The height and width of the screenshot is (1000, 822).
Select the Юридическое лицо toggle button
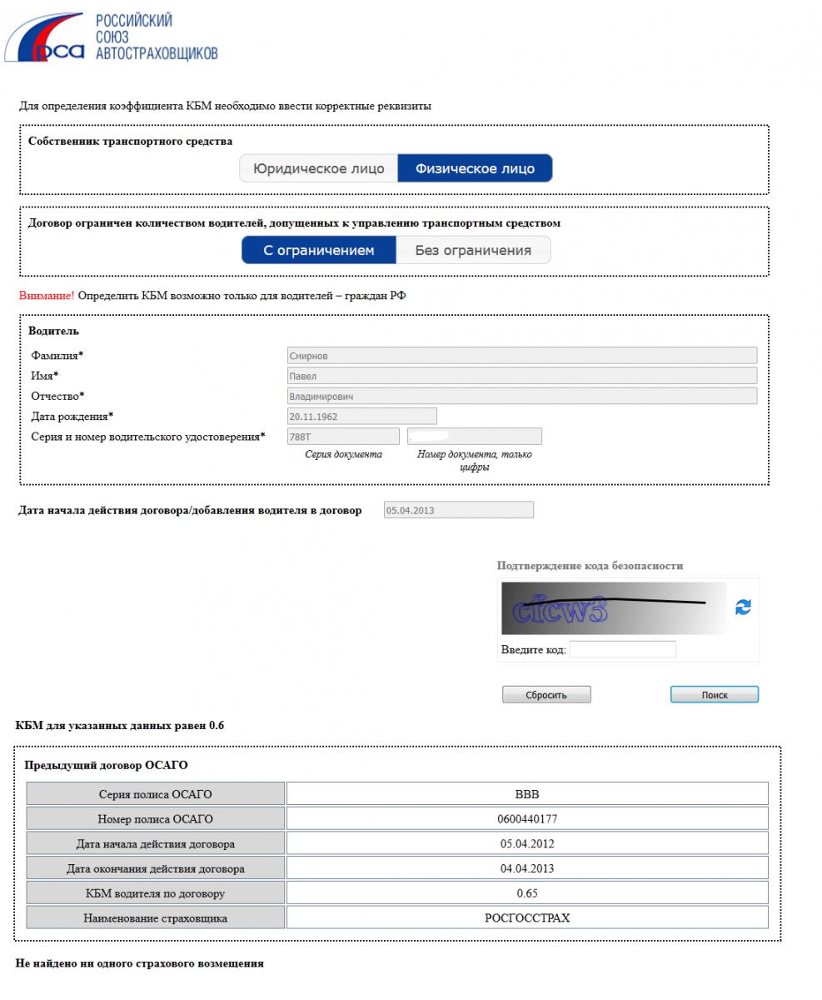click(x=318, y=168)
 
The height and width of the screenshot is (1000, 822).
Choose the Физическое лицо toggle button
click(x=475, y=168)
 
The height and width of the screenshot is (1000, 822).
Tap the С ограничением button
click(x=318, y=250)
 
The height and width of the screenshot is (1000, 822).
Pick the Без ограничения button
click(x=472, y=250)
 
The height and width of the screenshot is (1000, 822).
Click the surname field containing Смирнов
click(x=521, y=356)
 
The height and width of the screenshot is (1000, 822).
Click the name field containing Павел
click(x=521, y=376)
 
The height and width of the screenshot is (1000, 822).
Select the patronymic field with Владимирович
click(x=521, y=397)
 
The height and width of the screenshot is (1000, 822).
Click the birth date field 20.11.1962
click(x=361, y=416)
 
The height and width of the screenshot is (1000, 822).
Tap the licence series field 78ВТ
click(x=343, y=436)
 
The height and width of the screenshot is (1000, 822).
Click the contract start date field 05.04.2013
click(x=458, y=510)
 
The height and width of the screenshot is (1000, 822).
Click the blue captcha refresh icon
click(x=743, y=607)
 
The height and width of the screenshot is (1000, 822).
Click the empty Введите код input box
click(x=622, y=649)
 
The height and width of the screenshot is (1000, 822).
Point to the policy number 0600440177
click(x=527, y=819)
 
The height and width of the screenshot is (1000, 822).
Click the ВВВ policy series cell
click(x=527, y=794)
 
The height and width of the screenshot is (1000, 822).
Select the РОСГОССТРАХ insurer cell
click(x=527, y=917)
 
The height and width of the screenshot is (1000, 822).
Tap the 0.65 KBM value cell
click(x=527, y=893)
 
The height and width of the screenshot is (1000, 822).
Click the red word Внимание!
click(x=47, y=296)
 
